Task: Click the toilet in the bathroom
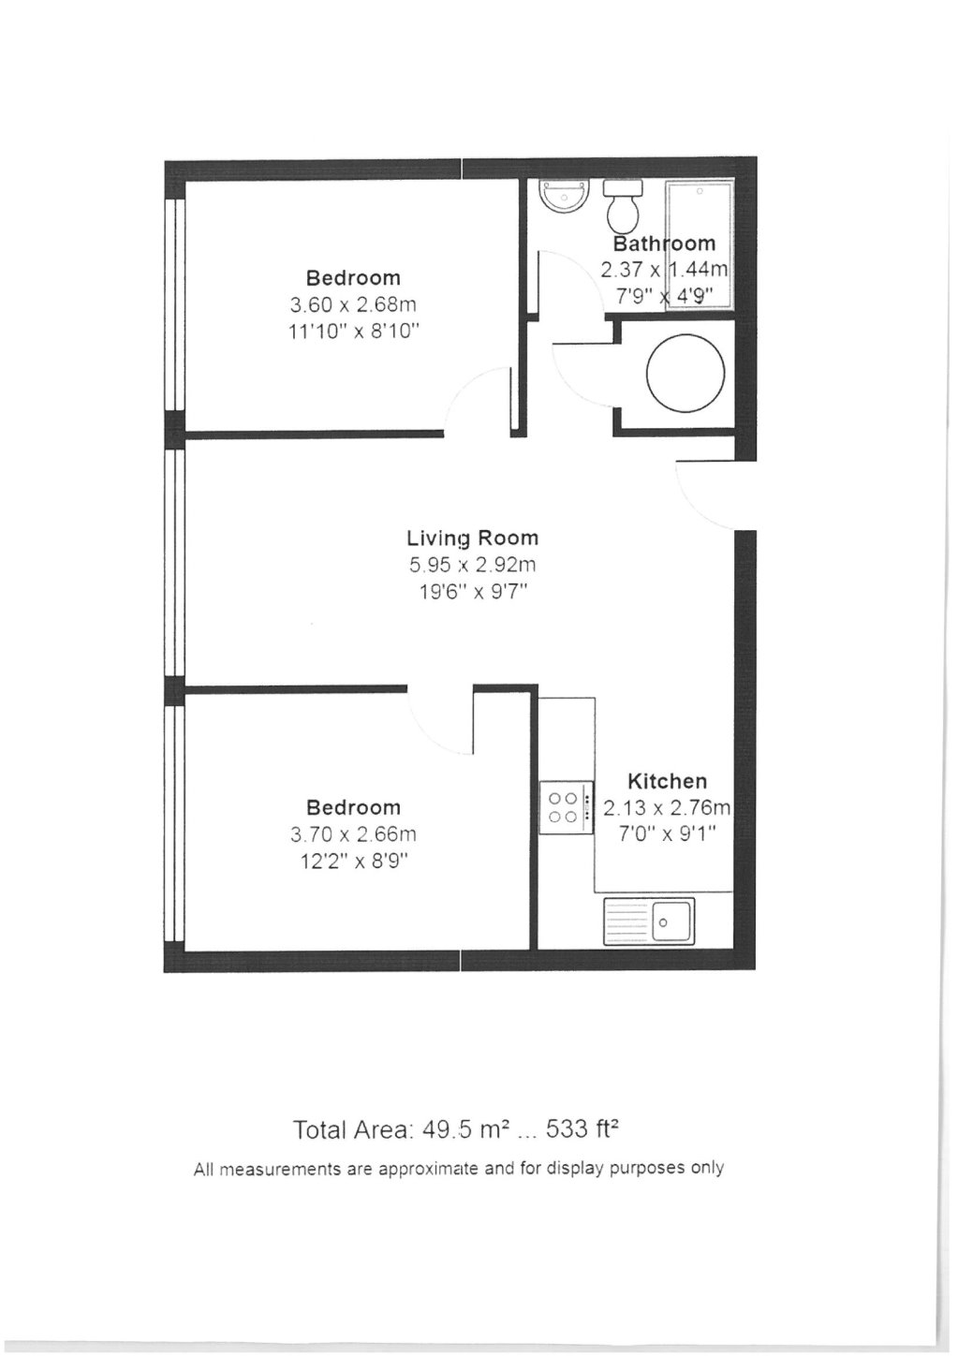pyautogui.click(x=623, y=206)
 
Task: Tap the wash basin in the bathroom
pyautogui.click(x=564, y=196)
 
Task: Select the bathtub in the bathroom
pyautogui.click(x=698, y=243)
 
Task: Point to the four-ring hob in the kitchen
pyautogui.click(x=567, y=807)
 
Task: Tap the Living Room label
pyautogui.click(x=472, y=538)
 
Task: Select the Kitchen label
pyautogui.click(x=667, y=780)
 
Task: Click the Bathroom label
pyautogui.click(x=664, y=243)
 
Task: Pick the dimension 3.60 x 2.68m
pyautogui.click(x=353, y=304)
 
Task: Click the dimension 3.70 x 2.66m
pyautogui.click(x=353, y=833)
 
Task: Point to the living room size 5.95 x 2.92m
pyautogui.click(x=472, y=565)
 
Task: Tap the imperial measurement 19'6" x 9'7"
pyautogui.click(x=472, y=591)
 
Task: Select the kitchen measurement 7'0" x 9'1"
pyautogui.click(x=667, y=833)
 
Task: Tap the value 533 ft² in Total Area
pyautogui.click(x=582, y=1129)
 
